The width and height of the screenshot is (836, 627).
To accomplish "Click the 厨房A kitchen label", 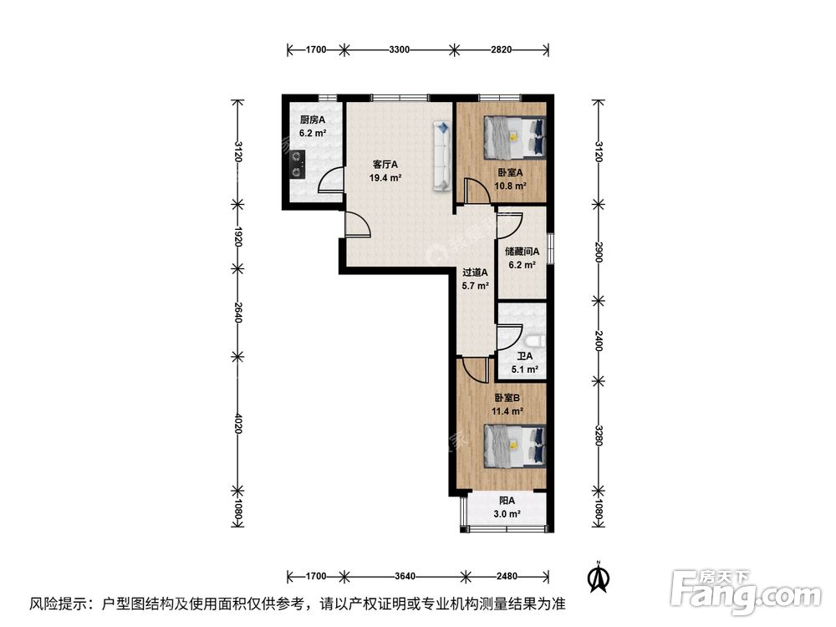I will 313,120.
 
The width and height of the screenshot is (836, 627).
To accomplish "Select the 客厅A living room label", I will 385,165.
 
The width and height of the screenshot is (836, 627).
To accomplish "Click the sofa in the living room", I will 441,155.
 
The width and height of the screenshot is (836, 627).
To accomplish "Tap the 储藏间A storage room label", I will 522,250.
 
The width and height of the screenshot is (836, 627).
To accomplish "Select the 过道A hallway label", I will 476,273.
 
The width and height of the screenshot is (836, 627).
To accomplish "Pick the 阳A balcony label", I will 507,501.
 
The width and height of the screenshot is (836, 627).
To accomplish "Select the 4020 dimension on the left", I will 238,424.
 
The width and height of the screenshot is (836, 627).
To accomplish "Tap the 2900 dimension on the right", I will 599,253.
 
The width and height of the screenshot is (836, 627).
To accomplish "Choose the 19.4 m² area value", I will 385,178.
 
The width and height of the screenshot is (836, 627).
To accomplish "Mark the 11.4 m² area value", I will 507,411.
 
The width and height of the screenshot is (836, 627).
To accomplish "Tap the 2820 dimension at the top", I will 501,50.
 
